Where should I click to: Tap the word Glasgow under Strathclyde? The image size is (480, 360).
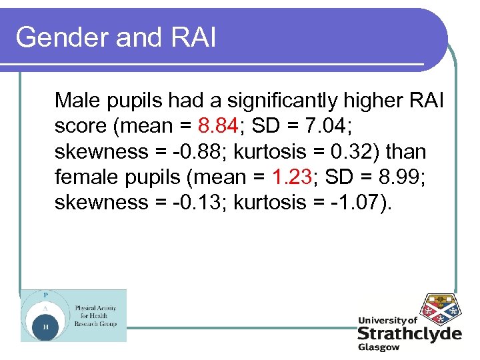tap(378, 347)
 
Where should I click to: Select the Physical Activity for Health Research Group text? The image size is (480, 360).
tap(95, 316)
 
